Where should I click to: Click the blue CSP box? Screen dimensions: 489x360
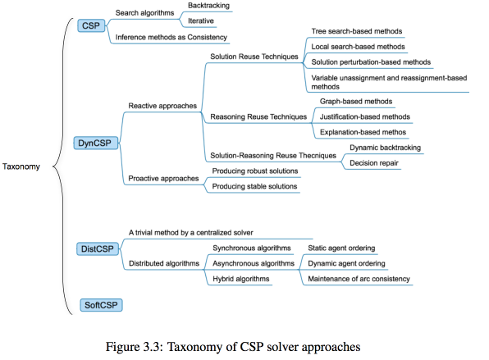91,25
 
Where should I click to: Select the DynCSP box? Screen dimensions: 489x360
96,143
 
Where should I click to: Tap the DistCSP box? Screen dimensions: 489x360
98,249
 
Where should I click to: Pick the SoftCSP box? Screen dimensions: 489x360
101,305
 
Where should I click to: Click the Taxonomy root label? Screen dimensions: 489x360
21,166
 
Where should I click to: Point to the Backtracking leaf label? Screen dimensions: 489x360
208,6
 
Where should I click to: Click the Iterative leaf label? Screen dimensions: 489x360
201,21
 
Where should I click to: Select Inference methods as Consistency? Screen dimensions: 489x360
171,38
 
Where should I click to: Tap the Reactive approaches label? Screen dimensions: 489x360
162,106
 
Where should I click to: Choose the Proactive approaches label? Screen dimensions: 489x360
163,179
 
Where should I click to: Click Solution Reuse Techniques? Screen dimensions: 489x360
254,57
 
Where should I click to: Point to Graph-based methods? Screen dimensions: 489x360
356,102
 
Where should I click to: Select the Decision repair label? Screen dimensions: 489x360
374,163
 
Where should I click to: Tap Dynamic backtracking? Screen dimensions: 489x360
385,148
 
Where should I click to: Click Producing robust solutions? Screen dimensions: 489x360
255,171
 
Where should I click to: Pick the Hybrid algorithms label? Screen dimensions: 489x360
240,279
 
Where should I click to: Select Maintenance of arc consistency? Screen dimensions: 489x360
359,279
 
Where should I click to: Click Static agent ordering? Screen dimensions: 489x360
341,248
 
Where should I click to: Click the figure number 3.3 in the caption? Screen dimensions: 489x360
151,347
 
